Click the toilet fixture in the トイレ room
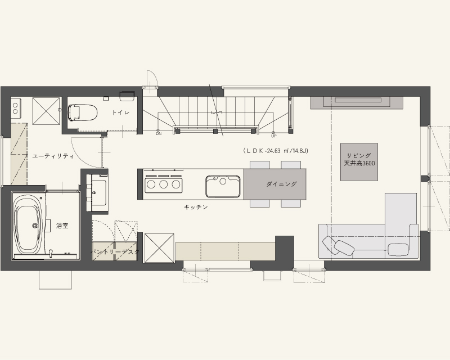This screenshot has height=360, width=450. [82, 112]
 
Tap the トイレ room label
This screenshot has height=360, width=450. [120, 112]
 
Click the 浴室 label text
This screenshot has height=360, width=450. [62, 226]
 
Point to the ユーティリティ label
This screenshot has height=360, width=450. [53, 156]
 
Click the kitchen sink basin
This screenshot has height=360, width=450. [223, 187]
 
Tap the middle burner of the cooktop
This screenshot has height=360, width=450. [164, 184]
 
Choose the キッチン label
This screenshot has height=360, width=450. [196, 207]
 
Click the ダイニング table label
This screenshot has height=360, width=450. [281, 184]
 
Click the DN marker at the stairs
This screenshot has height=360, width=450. [159, 134]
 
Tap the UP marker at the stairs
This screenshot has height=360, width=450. [273, 136]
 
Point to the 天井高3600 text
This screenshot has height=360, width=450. [359, 163]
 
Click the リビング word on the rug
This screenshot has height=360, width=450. [359, 156]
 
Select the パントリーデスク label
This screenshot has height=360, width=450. [115, 252]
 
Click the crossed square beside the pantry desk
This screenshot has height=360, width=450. [159, 248]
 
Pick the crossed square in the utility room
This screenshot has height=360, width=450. [47, 111]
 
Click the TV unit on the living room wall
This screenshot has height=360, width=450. [357, 103]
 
